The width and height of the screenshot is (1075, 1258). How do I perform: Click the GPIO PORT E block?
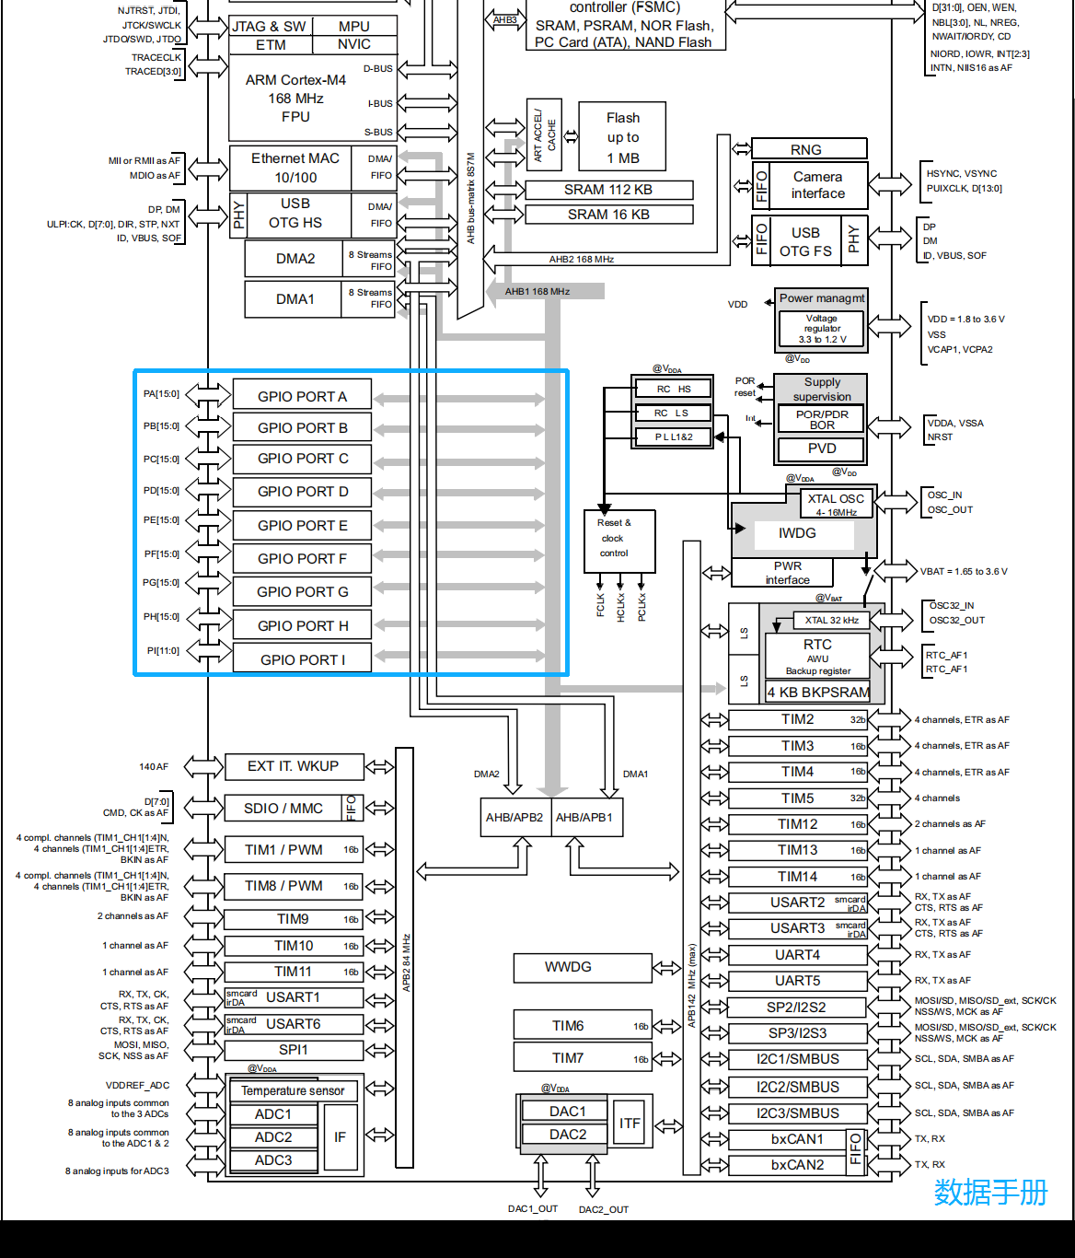coord(302,525)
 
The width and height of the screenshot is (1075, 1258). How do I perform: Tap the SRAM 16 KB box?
coord(608,215)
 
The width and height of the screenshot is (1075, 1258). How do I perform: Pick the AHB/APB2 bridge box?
coord(514,818)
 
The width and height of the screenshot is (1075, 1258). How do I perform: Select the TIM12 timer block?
coord(798,824)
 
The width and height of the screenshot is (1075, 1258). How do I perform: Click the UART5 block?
coord(798,981)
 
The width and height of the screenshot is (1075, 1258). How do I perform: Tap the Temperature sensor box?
coord(293,1090)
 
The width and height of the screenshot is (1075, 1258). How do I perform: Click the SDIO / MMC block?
coord(294,809)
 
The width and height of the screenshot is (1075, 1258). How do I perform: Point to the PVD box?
coord(821,448)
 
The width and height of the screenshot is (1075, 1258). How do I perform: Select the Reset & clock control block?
coord(619,542)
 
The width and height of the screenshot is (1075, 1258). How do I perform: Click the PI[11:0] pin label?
coord(163,650)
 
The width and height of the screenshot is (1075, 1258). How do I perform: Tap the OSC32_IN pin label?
coord(952,606)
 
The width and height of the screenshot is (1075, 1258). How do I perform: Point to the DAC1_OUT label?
coord(533,1208)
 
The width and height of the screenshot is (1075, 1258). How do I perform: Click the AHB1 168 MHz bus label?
coord(537,292)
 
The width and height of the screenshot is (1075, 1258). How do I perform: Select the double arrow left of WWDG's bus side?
coord(666,968)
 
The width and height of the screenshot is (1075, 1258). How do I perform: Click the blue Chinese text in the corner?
coord(991,1193)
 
